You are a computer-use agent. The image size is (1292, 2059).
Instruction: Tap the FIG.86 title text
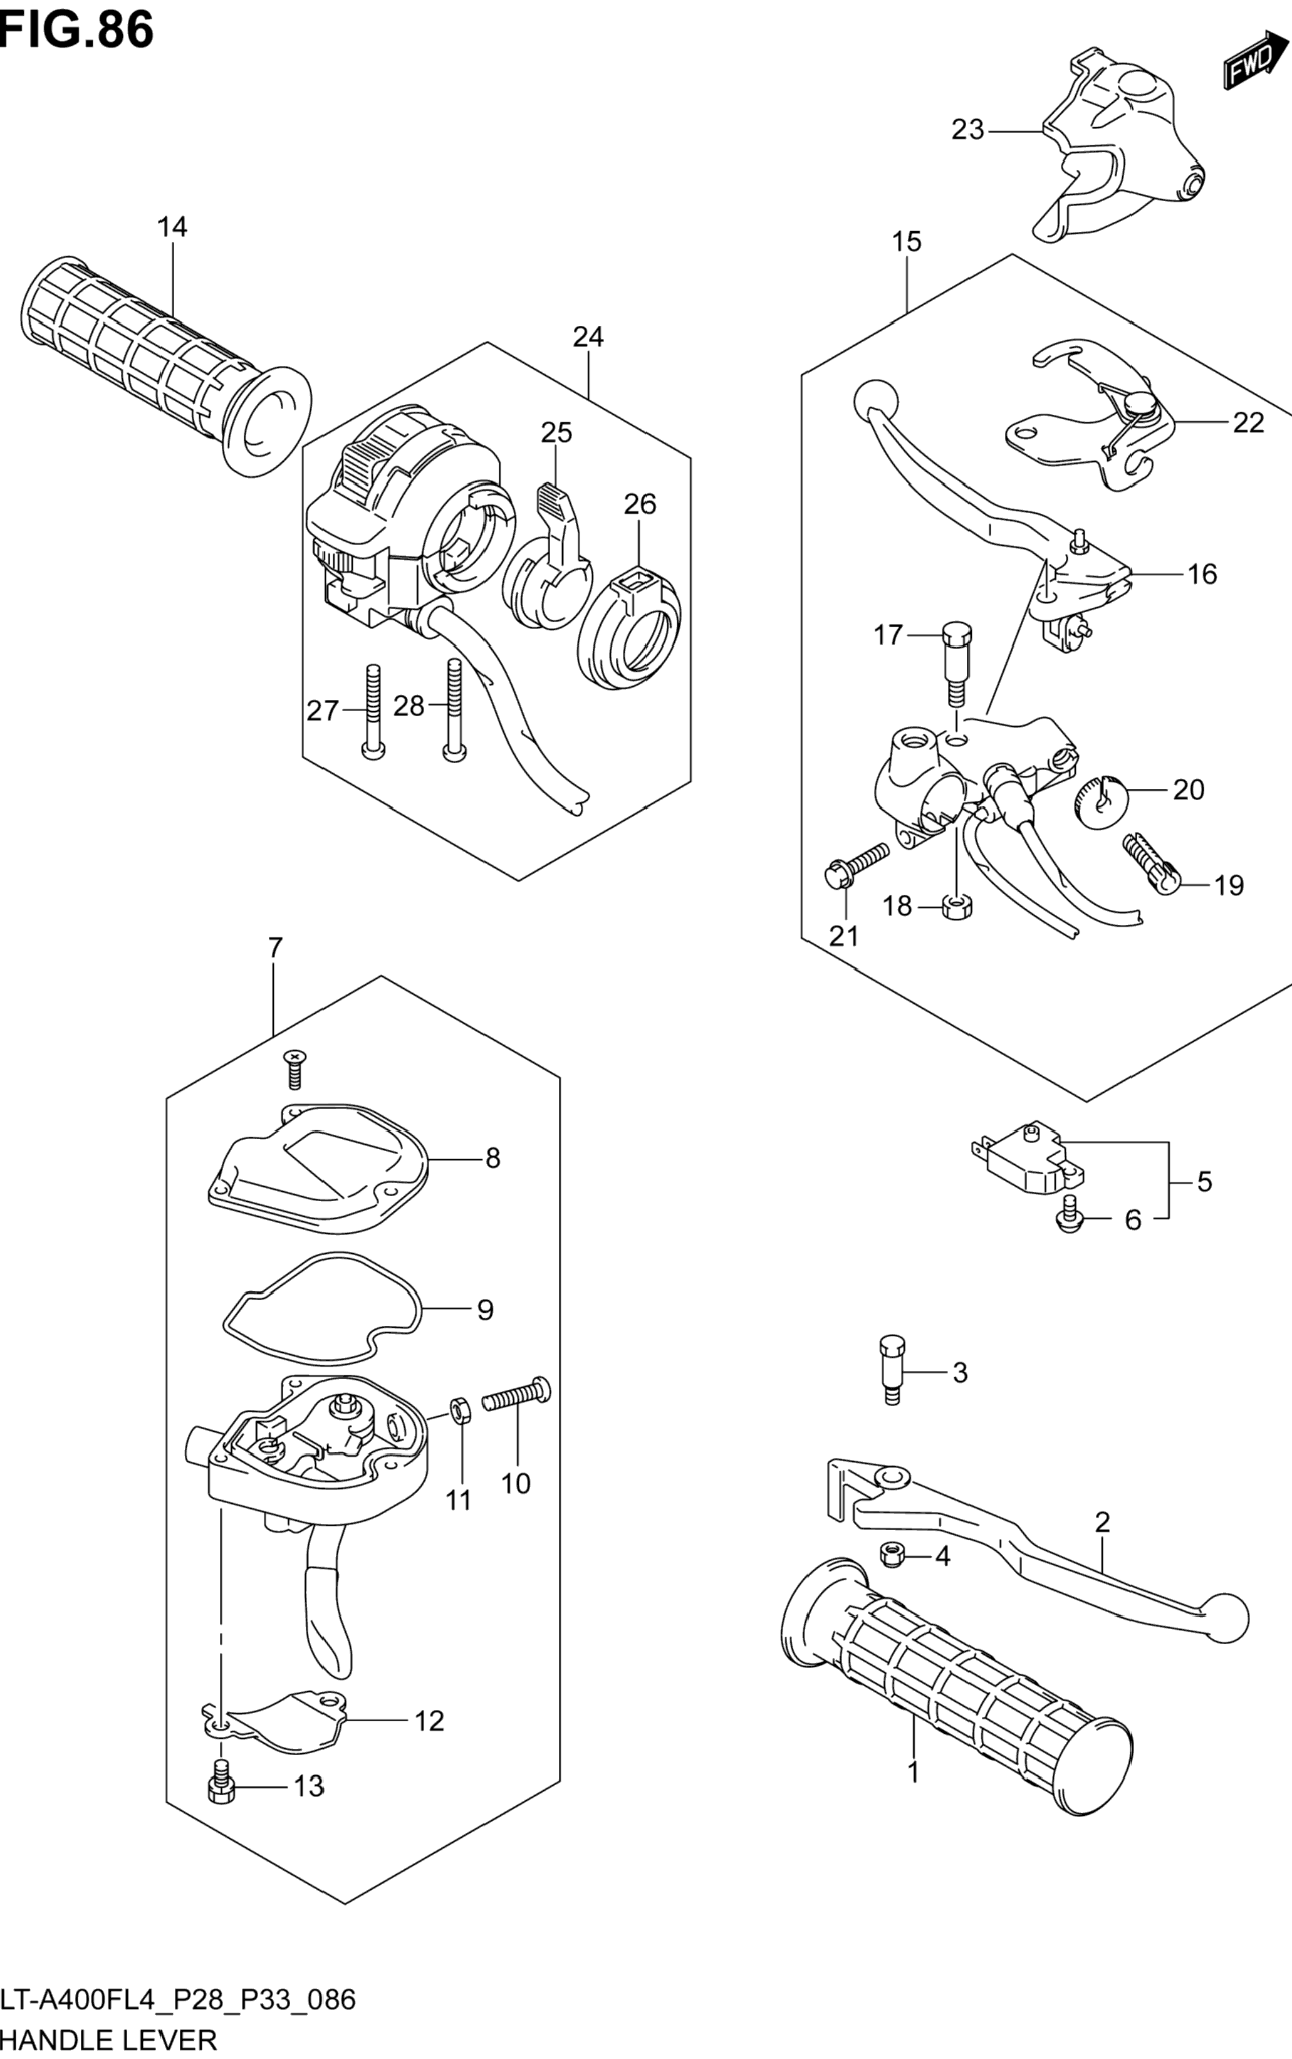pyautogui.click(x=77, y=30)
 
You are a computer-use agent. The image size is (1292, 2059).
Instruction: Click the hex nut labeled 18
pyautogui.click(x=956, y=907)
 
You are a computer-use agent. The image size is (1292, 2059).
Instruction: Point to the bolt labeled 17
pyautogui.click(x=957, y=663)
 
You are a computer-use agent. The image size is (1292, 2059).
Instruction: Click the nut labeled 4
pyautogui.click(x=891, y=1556)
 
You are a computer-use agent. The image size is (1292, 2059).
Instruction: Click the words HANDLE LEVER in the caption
pyautogui.click(x=110, y=2040)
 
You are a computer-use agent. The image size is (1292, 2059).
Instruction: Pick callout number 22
pyautogui.click(x=1248, y=422)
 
